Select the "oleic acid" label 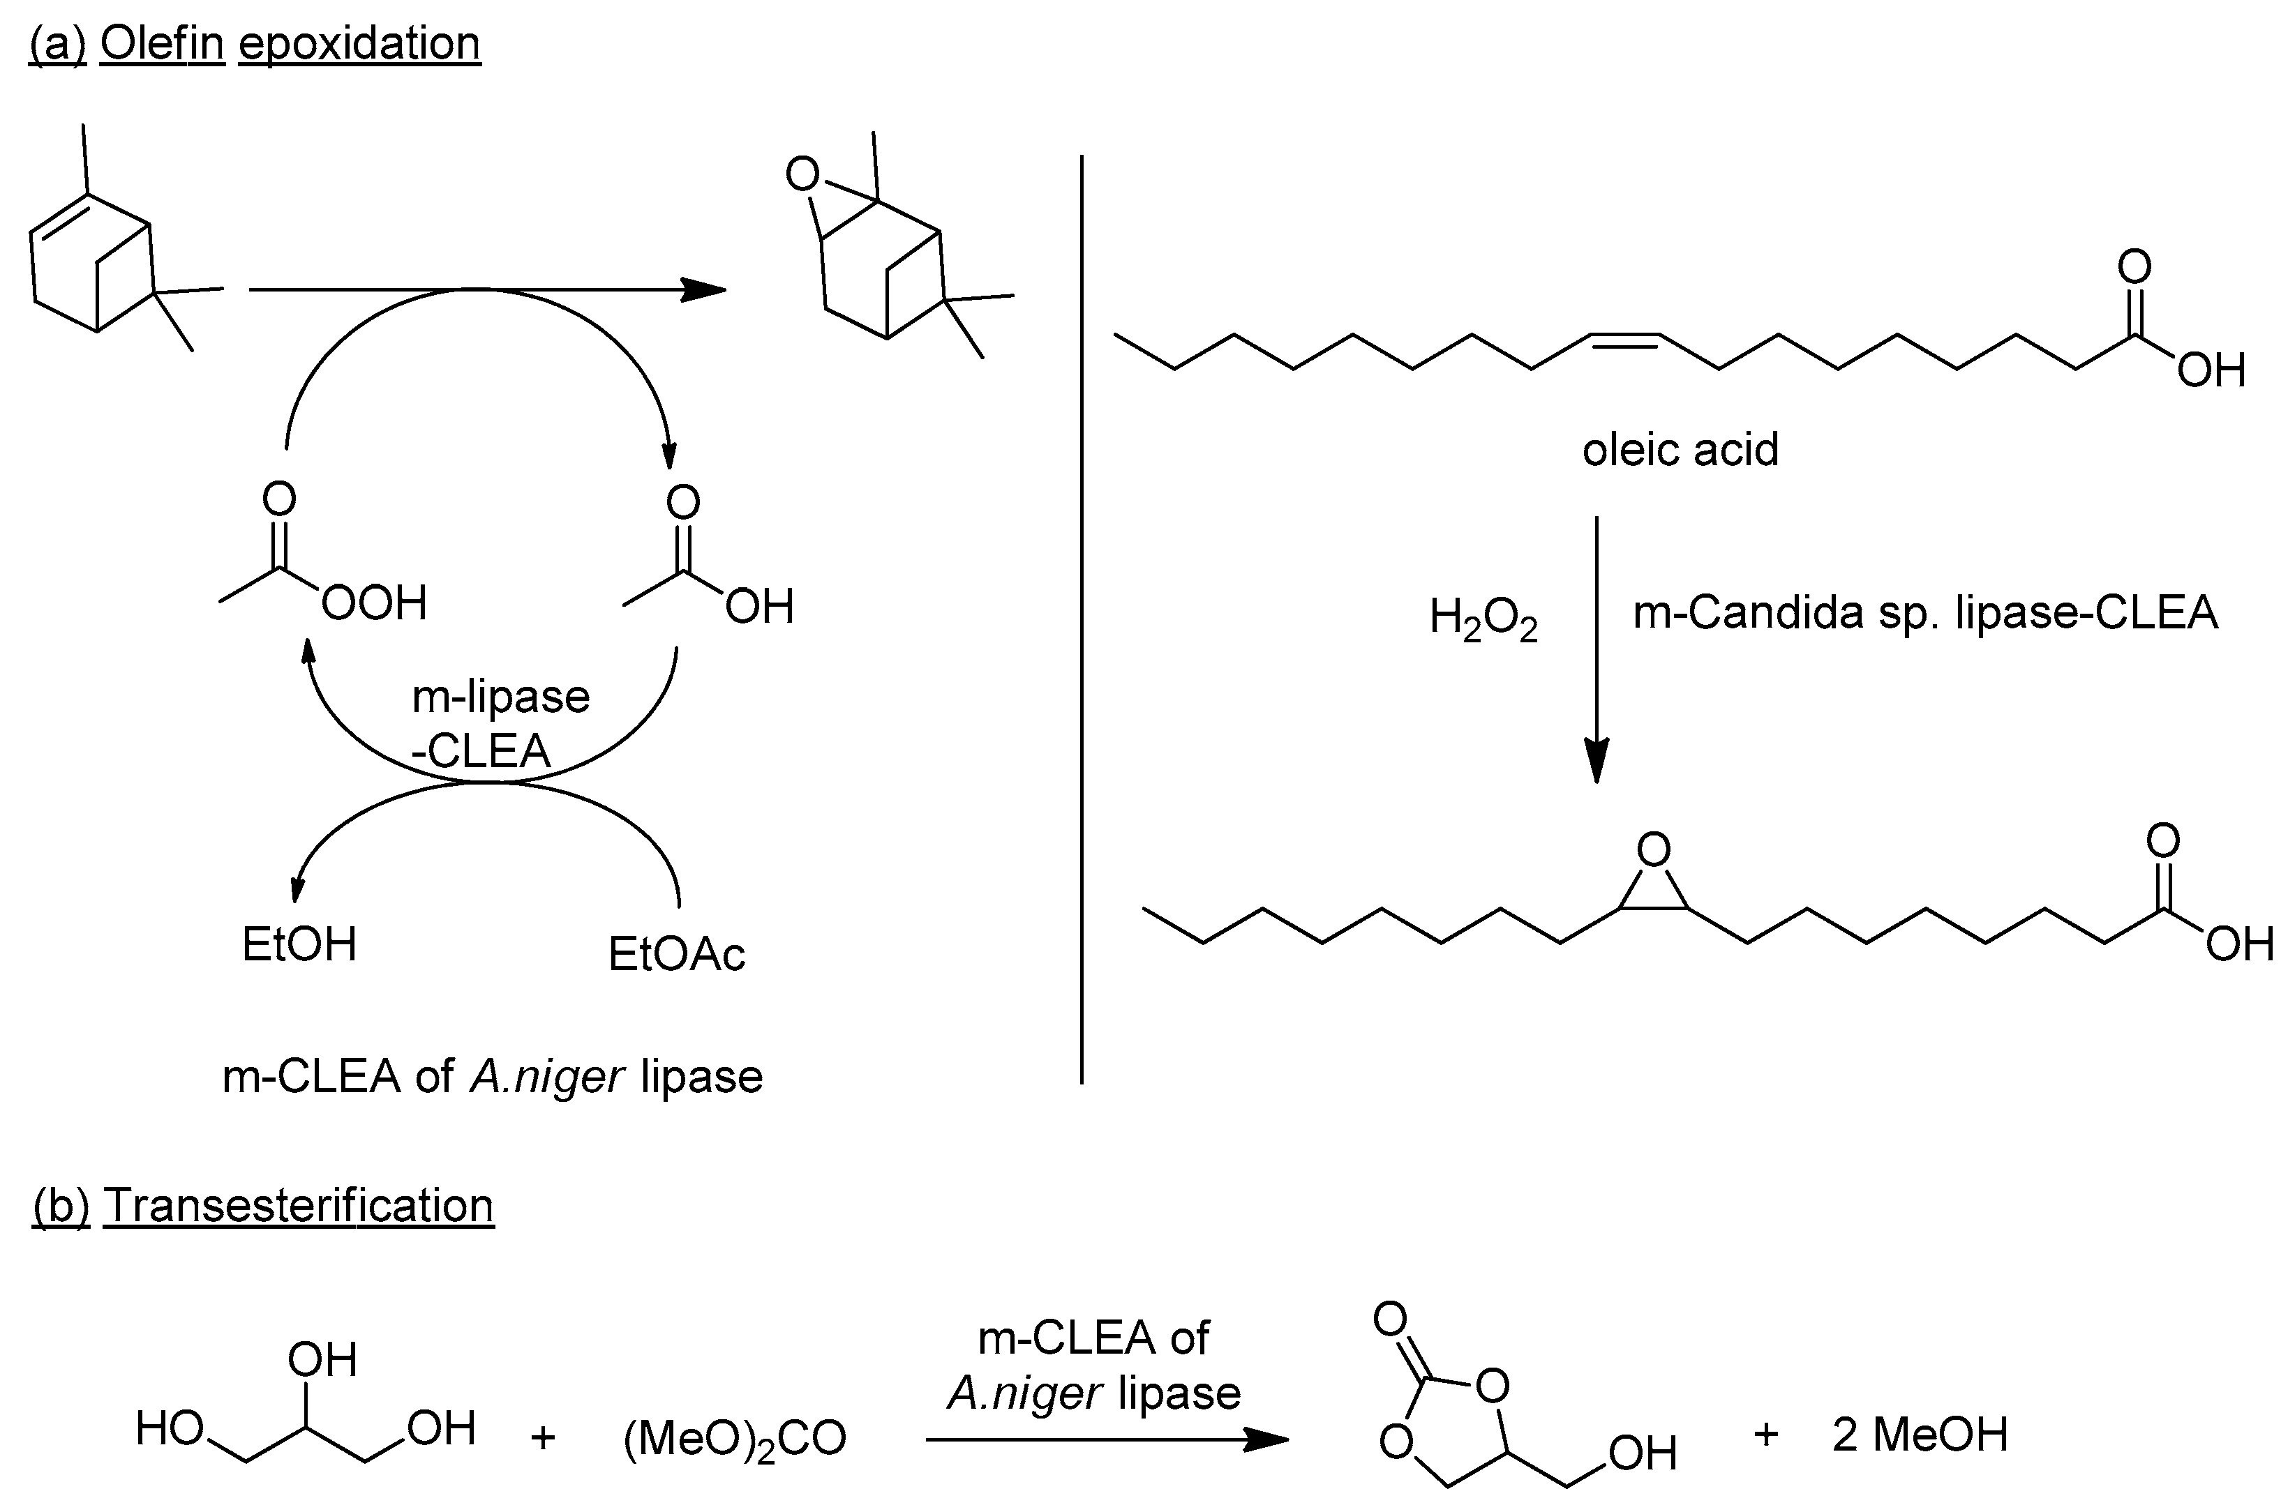pyautogui.click(x=1680, y=450)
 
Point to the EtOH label pyautogui.click(x=299, y=945)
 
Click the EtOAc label pyautogui.click(x=677, y=954)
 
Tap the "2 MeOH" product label pyautogui.click(x=1920, y=1435)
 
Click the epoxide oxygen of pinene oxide pyautogui.click(x=802, y=175)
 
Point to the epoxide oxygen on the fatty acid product pyautogui.click(x=1654, y=849)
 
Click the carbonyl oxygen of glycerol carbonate pyautogui.click(x=1390, y=1319)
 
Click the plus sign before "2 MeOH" pyautogui.click(x=1766, y=1435)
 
